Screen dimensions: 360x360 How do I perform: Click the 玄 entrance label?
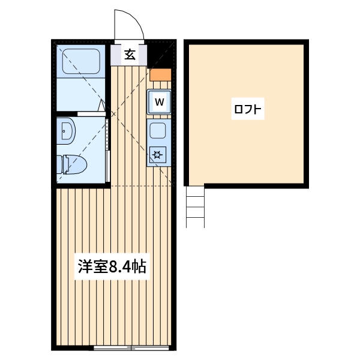pyautogui.click(x=130, y=55)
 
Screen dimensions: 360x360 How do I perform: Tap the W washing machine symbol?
pyautogui.click(x=160, y=101)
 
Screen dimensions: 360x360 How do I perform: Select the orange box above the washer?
pyautogui.click(x=160, y=75)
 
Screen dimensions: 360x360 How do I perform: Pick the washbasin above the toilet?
pyautogui.click(x=65, y=130)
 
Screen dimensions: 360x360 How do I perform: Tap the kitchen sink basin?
pyautogui.click(x=158, y=130)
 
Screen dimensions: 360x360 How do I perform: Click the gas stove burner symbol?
pyautogui.click(x=158, y=155)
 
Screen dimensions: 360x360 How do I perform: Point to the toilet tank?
pyautogui.click(x=62, y=163)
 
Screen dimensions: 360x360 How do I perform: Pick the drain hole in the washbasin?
pyautogui.click(x=63, y=130)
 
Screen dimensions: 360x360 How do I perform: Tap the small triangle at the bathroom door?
pyautogui.click(x=103, y=106)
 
